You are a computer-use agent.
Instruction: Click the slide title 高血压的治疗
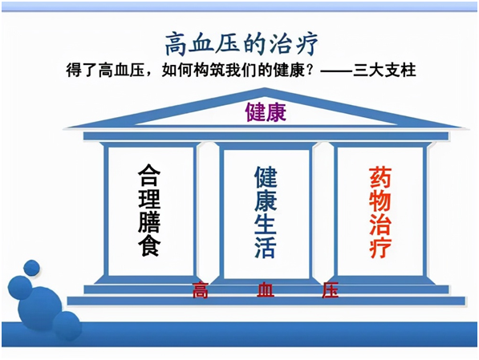point(242,44)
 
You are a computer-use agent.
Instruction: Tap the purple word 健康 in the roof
point(266,112)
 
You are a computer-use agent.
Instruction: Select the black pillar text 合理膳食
point(149,210)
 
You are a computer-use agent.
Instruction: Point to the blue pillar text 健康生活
point(266,212)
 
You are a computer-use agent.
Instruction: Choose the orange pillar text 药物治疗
point(380,212)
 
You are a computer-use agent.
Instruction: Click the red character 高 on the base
point(201,289)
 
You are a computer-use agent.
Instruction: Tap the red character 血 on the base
point(265,289)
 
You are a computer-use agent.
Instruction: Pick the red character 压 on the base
point(331,289)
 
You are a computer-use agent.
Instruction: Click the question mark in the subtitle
point(312,71)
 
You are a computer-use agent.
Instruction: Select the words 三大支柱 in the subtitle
point(384,71)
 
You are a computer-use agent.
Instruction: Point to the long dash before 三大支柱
point(336,71)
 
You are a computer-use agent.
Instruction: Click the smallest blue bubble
point(31,268)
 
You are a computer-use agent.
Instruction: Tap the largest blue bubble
point(39,309)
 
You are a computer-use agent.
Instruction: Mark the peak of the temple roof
point(265,88)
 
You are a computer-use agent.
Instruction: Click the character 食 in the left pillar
point(149,245)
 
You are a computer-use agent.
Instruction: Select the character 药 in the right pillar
point(380,177)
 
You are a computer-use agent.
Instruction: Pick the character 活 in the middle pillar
point(266,247)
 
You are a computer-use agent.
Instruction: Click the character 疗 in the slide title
point(306,44)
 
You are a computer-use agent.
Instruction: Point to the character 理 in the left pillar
point(149,199)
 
